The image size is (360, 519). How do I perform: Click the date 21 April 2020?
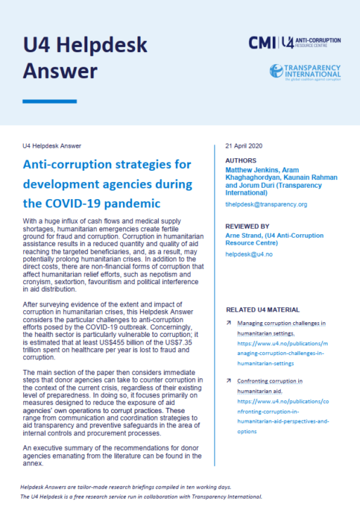[x=243, y=146]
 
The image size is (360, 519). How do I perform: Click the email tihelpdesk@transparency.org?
[x=266, y=204]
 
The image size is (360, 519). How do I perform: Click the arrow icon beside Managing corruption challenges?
[x=229, y=323]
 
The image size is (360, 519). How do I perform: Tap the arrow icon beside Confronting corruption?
[x=229, y=380]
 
